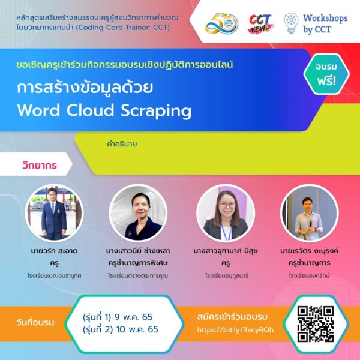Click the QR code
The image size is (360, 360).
tap(316, 324)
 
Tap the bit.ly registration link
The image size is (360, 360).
tap(235, 329)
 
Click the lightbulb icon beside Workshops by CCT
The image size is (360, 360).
tap(291, 23)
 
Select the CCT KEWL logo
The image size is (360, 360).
tap(261, 23)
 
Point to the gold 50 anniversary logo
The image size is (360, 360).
tap(221, 23)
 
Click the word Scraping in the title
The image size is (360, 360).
tap(156, 111)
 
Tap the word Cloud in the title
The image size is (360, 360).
tap(90, 110)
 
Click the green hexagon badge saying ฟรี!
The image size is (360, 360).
tap(326, 74)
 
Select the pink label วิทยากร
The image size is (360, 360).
tap(40, 165)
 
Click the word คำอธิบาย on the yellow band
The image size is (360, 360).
tap(122, 144)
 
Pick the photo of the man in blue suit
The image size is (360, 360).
tap(54, 213)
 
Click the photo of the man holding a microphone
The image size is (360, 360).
tap(309, 213)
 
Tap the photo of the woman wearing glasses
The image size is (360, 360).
tap(226, 213)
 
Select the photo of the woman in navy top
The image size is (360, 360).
tap(138, 213)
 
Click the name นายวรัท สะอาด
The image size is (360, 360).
tap(54, 250)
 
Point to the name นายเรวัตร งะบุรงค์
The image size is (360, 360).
tap(309, 251)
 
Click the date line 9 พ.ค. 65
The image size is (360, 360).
tap(118, 317)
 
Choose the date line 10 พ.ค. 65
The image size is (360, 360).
tap(121, 329)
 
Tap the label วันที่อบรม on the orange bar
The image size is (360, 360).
tap(35, 322)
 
